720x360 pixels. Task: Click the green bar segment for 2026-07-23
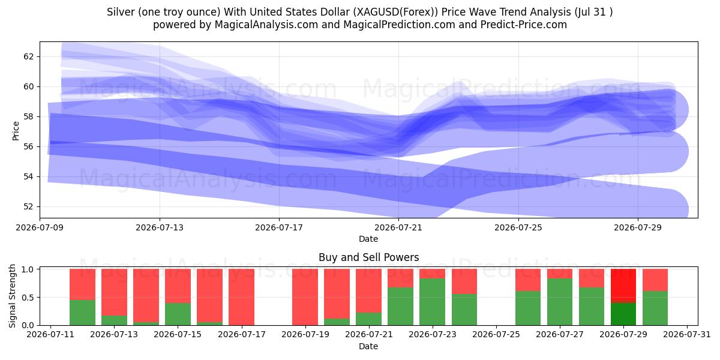(433, 302)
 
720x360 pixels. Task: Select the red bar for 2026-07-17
(241, 297)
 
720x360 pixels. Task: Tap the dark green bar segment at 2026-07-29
(623, 314)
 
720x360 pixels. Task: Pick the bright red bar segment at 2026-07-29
(623, 286)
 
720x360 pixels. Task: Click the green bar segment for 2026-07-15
(178, 314)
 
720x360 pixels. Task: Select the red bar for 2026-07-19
(305, 297)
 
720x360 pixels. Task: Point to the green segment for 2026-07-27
(560, 302)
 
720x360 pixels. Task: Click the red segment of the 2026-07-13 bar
(114, 292)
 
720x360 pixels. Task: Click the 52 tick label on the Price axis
(28, 206)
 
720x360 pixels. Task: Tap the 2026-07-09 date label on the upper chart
(40, 227)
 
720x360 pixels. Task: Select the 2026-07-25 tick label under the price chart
(518, 227)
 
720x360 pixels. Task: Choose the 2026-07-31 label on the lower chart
(687, 334)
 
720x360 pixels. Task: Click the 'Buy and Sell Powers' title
(368, 257)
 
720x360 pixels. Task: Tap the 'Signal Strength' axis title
(12, 296)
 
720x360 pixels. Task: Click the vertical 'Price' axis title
(16, 131)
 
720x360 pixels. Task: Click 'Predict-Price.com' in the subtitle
(524, 25)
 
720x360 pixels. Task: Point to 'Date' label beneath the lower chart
(368, 346)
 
